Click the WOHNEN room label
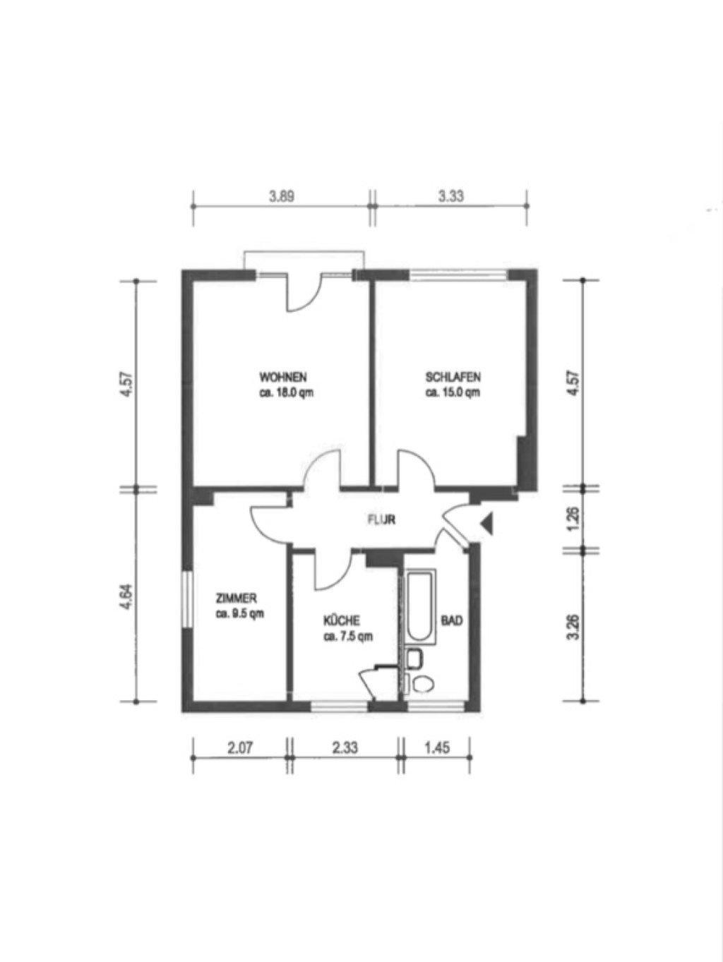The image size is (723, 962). (283, 377)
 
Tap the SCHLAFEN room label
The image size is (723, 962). (454, 377)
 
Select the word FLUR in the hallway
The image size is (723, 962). (381, 520)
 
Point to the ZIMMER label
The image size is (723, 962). (237, 598)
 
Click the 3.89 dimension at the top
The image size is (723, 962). (282, 196)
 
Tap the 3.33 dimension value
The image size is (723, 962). (450, 196)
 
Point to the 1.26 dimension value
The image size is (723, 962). (575, 519)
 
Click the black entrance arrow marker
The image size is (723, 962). (487, 523)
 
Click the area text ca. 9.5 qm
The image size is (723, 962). (239, 613)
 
